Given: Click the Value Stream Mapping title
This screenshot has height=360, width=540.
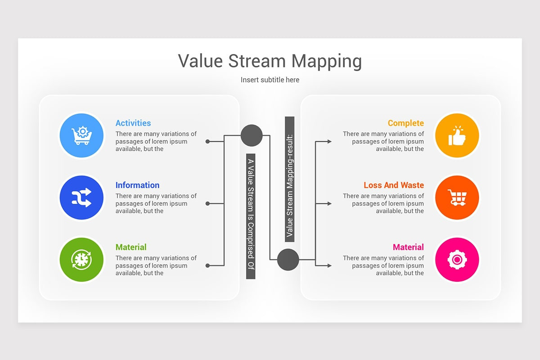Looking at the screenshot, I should [x=270, y=61].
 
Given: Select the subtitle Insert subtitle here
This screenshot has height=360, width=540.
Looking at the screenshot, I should [x=270, y=80].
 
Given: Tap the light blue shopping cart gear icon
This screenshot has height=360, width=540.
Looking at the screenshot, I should [x=81, y=135].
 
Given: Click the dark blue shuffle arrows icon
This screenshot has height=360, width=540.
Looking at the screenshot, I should [x=81, y=198].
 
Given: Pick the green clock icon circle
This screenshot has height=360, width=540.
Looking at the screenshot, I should [x=81, y=260].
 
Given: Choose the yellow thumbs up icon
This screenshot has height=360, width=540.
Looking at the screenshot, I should [x=457, y=135].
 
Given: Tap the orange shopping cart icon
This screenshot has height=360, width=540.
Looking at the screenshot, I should [x=457, y=198].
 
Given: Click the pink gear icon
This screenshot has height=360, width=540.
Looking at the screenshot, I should [x=457, y=260].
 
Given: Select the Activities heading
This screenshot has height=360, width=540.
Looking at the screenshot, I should [x=133, y=123].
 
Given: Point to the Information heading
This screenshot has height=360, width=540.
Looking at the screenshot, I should [x=137, y=185].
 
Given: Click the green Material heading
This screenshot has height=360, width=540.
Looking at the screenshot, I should [x=131, y=247].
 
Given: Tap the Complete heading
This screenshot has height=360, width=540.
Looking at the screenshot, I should [x=405, y=123].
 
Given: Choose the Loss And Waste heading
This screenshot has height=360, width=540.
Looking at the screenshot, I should [x=394, y=185].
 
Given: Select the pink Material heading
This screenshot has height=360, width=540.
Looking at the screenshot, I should [x=408, y=247].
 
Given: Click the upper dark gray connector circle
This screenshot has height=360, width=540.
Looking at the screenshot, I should [x=252, y=135].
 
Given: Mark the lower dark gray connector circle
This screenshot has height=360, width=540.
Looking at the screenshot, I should [x=288, y=260].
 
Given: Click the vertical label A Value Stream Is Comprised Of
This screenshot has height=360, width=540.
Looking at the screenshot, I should [x=251, y=216].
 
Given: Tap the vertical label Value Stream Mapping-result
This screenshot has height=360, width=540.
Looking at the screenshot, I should [x=289, y=179].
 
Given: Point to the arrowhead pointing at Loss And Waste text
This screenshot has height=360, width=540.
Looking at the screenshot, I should [x=329, y=204].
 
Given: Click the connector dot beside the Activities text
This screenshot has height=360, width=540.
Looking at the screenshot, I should [x=207, y=141].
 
